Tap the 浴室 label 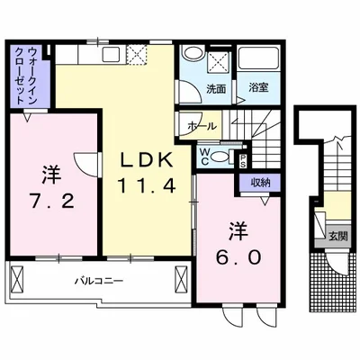tap(260, 89)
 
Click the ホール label tap(202, 127)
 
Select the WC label tap(206, 157)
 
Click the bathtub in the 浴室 tap(260, 63)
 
